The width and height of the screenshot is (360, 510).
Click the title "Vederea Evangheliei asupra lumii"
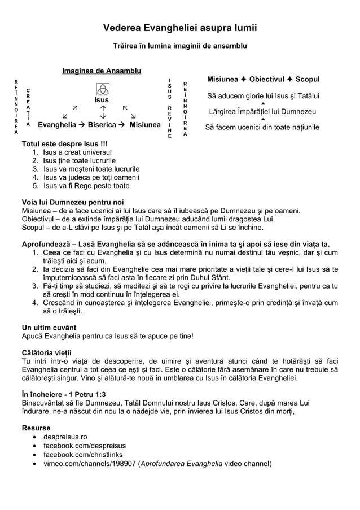(x=179, y=28)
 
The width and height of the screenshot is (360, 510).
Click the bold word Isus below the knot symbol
(x=102, y=100)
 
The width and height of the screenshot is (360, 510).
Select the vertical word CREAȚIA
(x=28, y=107)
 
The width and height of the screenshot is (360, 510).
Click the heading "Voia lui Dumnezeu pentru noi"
(x=73, y=202)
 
